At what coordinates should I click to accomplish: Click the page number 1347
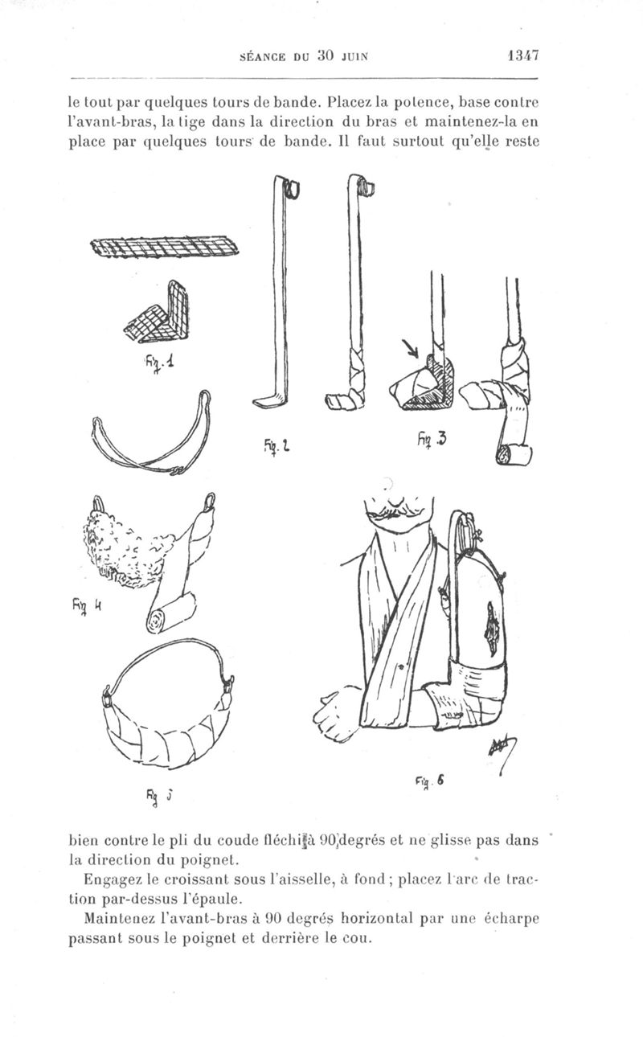522,56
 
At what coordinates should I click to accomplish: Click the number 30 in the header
326,56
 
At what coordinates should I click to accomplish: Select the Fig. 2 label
276,445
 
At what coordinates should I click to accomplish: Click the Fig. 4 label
87,605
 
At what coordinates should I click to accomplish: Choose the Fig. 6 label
428,781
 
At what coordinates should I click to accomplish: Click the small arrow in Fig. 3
410,349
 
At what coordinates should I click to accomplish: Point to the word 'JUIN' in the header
354,57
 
